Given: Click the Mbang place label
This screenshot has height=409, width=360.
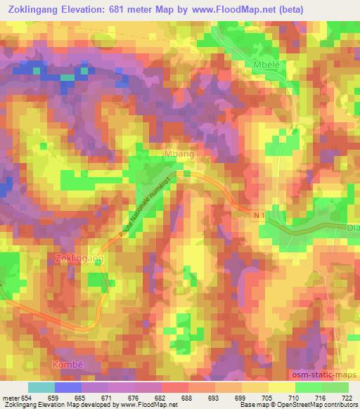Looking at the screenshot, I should (x=178, y=153).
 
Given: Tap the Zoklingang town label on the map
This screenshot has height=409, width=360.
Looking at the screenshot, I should (x=79, y=259).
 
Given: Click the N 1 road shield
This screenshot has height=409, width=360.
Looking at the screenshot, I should (x=259, y=218).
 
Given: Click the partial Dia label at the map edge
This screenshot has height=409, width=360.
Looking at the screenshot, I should (x=353, y=228).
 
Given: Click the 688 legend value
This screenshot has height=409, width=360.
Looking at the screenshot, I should (x=186, y=398).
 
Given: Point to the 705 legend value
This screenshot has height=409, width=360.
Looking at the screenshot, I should (x=268, y=398).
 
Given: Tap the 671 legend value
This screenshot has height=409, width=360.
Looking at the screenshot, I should (x=105, y=398).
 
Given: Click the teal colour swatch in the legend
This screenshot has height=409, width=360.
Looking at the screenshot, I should (x=41, y=387).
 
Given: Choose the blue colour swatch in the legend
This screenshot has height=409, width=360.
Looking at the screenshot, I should (x=68, y=387).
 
